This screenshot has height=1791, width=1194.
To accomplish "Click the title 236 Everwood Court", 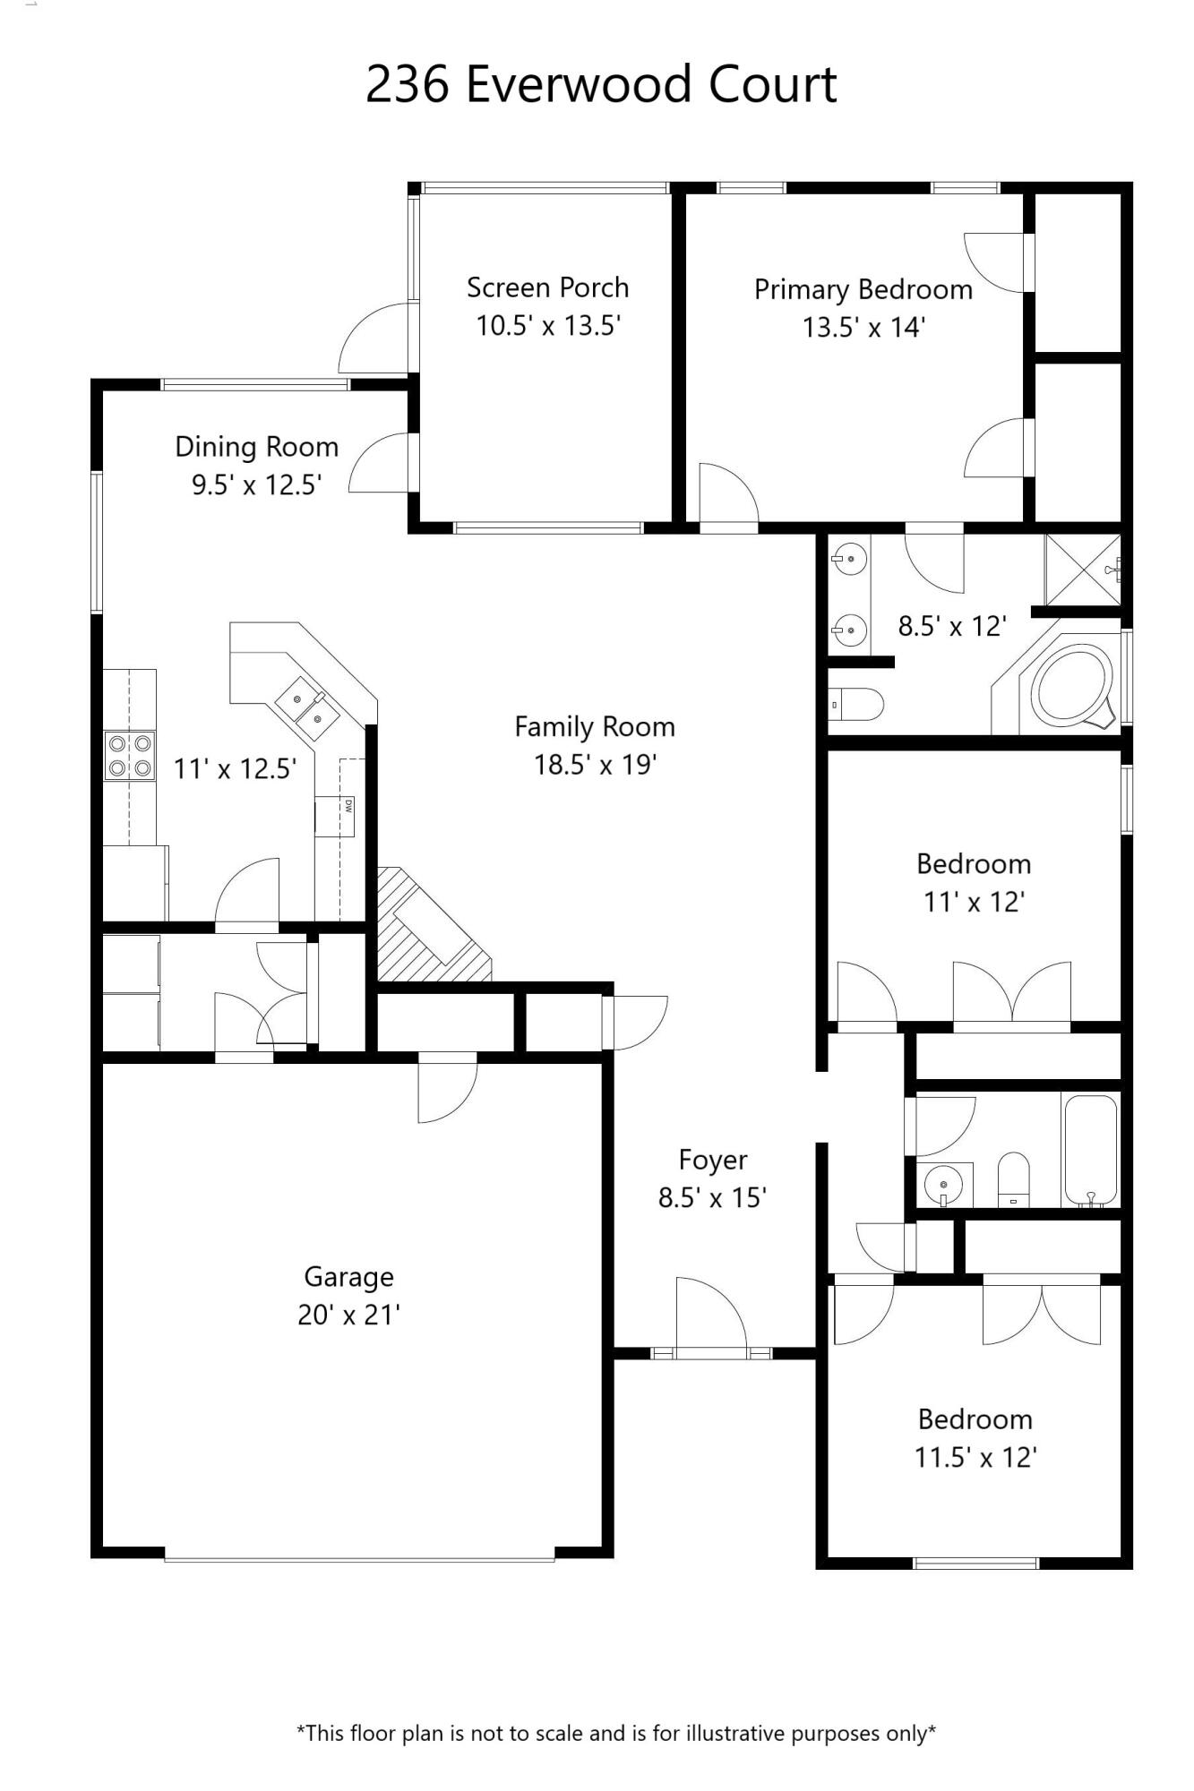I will [601, 85].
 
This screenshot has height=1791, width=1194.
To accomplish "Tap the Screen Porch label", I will [547, 287].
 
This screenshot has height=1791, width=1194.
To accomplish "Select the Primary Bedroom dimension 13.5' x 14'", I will [863, 328].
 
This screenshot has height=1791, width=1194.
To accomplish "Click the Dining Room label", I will [256, 447].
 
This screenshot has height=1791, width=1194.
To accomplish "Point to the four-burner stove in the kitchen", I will [129, 755].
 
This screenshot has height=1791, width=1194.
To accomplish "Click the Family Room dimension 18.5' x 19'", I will [596, 766].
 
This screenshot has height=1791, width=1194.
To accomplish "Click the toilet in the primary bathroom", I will [855, 705].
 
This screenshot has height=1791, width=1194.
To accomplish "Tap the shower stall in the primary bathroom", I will [1082, 569].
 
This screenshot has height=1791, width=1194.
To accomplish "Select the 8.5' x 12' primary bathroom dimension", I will [952, 626].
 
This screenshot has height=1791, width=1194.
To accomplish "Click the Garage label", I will [348, 1277].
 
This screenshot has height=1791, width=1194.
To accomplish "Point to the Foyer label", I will [712, 1161].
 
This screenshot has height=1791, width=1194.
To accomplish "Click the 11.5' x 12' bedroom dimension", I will [975, 1458].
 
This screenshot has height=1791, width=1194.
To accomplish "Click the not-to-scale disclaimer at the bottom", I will [615, 1733].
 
